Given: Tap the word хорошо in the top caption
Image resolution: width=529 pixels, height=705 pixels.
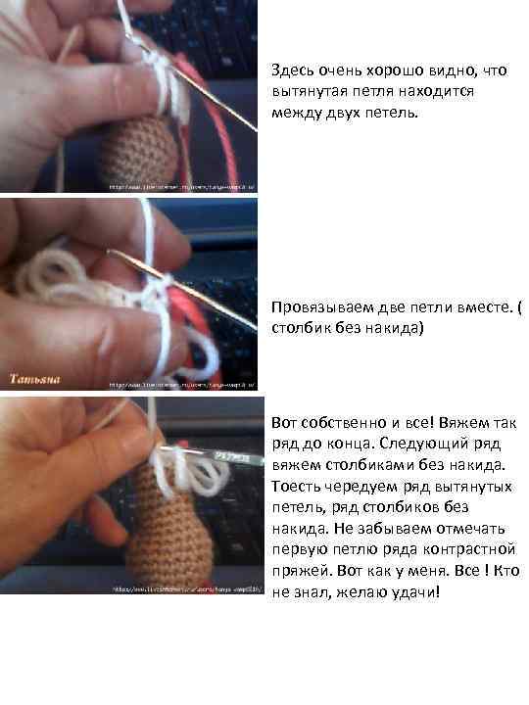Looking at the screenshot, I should click(402, 70).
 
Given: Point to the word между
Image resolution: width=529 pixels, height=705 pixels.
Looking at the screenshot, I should click(295, 113).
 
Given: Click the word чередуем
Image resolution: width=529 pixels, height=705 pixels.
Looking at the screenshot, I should click(356, 487).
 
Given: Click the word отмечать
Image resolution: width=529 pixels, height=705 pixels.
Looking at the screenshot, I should click(484, 529).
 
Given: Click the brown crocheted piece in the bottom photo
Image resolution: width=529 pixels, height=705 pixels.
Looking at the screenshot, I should click(167, 529).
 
